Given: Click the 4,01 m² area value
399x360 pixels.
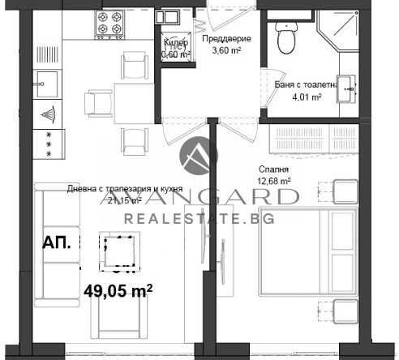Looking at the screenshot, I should (306, 96).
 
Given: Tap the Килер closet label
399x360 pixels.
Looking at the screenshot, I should (176, 44).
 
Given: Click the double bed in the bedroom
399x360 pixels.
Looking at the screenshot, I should (303, 252).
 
